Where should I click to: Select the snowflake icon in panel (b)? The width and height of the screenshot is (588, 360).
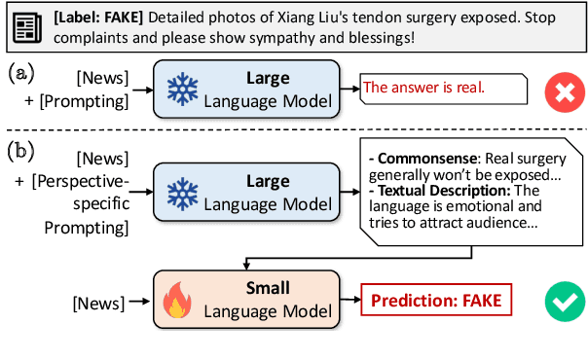tap(182, 191)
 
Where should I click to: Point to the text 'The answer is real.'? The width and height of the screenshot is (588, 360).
tap(424, 89)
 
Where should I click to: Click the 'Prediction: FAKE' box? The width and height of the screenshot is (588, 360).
tap(435, 300)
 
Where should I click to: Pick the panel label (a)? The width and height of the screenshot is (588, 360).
tap(22, 73)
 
